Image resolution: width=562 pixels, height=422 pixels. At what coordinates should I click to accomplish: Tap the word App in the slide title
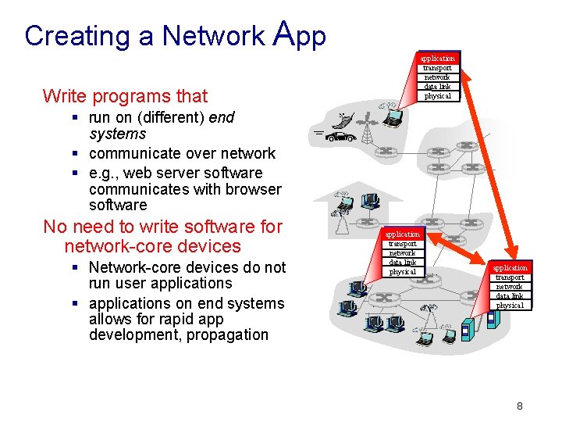301,34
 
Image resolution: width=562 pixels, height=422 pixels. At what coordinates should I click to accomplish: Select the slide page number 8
519,406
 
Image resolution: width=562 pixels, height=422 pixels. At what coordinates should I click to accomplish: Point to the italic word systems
118,134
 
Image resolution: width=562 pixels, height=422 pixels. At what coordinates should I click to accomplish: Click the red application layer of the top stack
437,59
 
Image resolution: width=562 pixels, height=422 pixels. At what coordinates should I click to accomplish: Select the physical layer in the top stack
437,95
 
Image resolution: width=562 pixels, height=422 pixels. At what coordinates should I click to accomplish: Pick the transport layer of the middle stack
403,243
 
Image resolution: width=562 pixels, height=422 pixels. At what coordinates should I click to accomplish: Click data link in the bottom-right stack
510,296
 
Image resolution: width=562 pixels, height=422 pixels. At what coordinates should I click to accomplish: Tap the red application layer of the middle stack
403,234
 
